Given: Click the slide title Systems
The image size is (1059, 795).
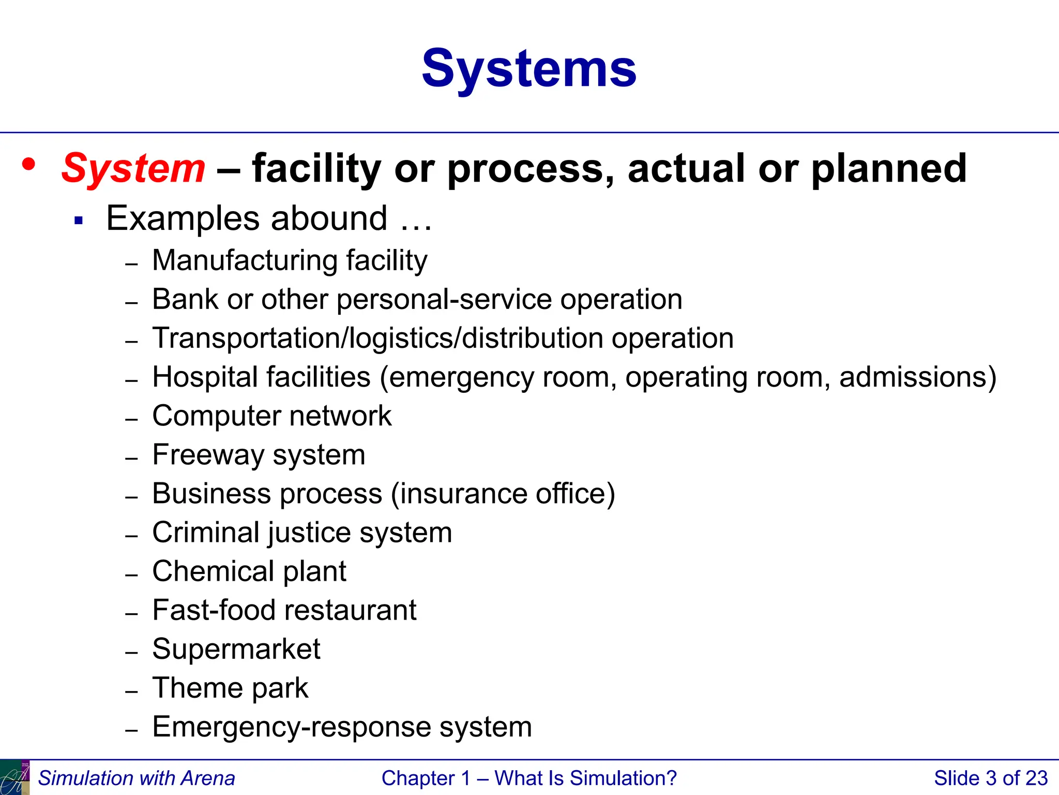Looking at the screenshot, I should pos(529,69).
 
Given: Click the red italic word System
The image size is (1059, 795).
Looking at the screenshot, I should pos(133,169).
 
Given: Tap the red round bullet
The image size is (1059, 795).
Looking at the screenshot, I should pos(29,164).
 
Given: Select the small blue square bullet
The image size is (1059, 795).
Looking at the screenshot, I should pos(79,221).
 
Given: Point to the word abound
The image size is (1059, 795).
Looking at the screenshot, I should pos(329,218).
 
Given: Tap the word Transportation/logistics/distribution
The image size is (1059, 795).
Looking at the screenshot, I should pos(377,338).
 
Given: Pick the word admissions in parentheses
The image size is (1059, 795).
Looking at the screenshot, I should pos(912,377).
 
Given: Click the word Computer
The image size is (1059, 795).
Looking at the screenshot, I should pos(217,416).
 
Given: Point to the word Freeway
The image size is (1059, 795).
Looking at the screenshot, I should pos(208,455).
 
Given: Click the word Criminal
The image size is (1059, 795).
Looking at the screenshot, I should pos(206,533).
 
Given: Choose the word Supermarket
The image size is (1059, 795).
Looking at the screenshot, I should pos(236,649).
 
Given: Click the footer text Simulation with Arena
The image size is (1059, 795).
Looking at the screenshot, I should pos(137,778).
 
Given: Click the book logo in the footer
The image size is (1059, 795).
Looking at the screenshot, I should pos(14,777).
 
